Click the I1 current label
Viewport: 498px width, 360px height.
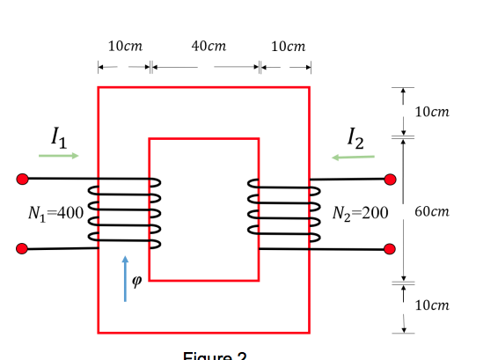[58, 136]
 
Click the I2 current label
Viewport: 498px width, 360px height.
[354, 136]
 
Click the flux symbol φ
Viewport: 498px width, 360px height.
[135, 282]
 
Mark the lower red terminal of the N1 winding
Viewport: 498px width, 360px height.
[23, 249]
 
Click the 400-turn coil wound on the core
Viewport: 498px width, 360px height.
[123, 213]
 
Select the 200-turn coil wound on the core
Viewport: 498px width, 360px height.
[284, 213]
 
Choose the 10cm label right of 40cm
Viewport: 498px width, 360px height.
[289, 45]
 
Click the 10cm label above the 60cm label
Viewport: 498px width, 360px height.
[431, 112]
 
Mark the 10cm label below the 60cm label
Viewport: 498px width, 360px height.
[431, 305]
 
